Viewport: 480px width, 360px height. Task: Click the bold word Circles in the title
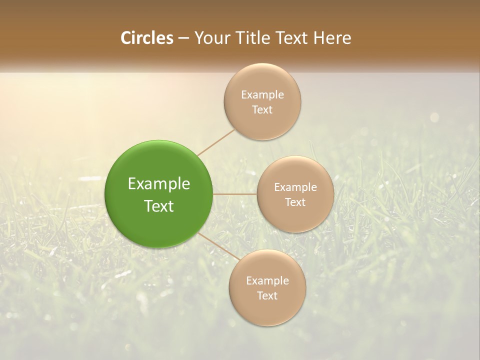click(146, 38)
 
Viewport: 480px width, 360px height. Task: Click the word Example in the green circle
click(159, 184)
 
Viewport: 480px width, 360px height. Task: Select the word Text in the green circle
click(159, 206)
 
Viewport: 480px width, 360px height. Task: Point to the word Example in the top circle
click(262, 95)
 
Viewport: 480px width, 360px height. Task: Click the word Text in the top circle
click(262, 110)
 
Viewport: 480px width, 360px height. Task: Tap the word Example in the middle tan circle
click(295, 187)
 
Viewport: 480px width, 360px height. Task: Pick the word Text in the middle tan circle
click(295, 202)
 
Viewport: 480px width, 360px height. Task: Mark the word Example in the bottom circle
click(267, 281)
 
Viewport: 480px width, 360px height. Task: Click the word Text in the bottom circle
click(267, 296)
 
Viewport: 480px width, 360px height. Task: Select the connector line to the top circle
click(215, 142)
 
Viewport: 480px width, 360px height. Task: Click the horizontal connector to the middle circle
click(235, 194)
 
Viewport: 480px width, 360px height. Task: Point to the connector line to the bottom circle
click(219, 246)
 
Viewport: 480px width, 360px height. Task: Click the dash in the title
click(183, 38)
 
